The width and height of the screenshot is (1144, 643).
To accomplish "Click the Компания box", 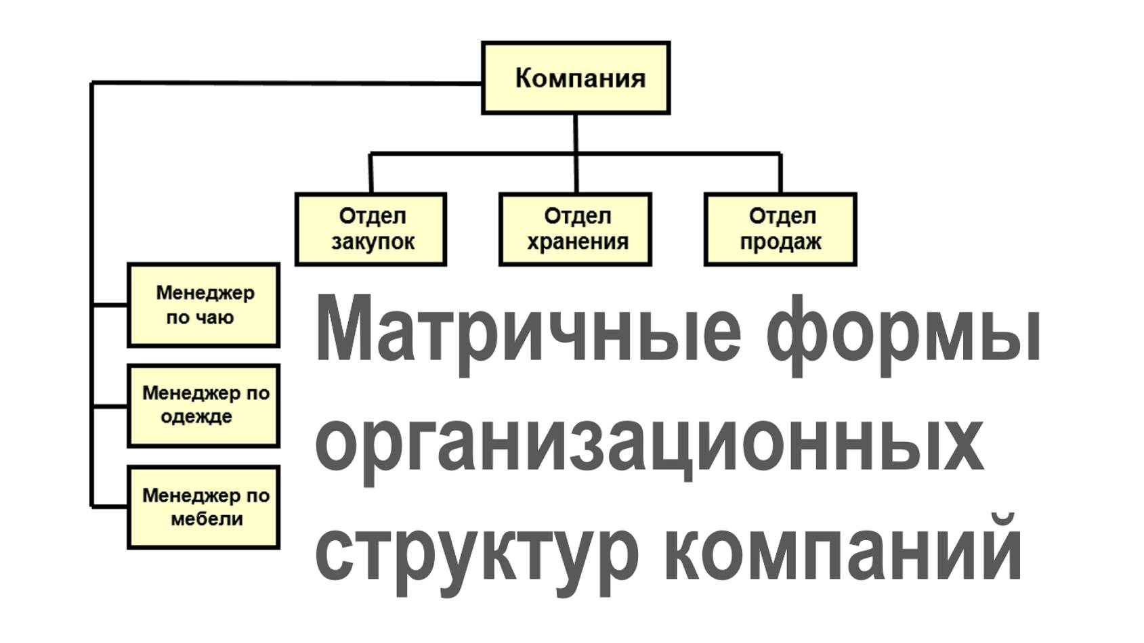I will point(576,78).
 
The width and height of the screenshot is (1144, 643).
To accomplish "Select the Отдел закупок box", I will point(370,229).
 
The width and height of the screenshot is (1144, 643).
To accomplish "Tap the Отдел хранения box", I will point(575,229).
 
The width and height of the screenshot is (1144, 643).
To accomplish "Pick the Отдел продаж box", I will point(780,229).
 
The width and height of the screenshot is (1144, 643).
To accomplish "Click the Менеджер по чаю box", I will point(203,305).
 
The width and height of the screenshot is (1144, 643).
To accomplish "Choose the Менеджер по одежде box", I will point(203,405).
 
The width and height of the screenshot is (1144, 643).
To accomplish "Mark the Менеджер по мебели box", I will point(203,507).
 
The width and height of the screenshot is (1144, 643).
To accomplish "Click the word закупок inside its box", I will point(373,242).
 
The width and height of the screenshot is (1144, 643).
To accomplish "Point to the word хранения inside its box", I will point(577,242).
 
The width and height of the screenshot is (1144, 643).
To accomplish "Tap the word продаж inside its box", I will point(780,242).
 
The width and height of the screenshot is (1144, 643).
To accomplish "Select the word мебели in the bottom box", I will point(207,520).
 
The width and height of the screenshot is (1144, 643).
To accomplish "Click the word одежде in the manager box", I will point(196,417).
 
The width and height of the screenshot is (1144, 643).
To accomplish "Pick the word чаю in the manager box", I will point(217,317).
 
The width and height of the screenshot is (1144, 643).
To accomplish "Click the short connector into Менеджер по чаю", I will point(110,305).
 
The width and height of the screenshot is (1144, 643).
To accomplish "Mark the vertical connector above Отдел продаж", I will point(780,173).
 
